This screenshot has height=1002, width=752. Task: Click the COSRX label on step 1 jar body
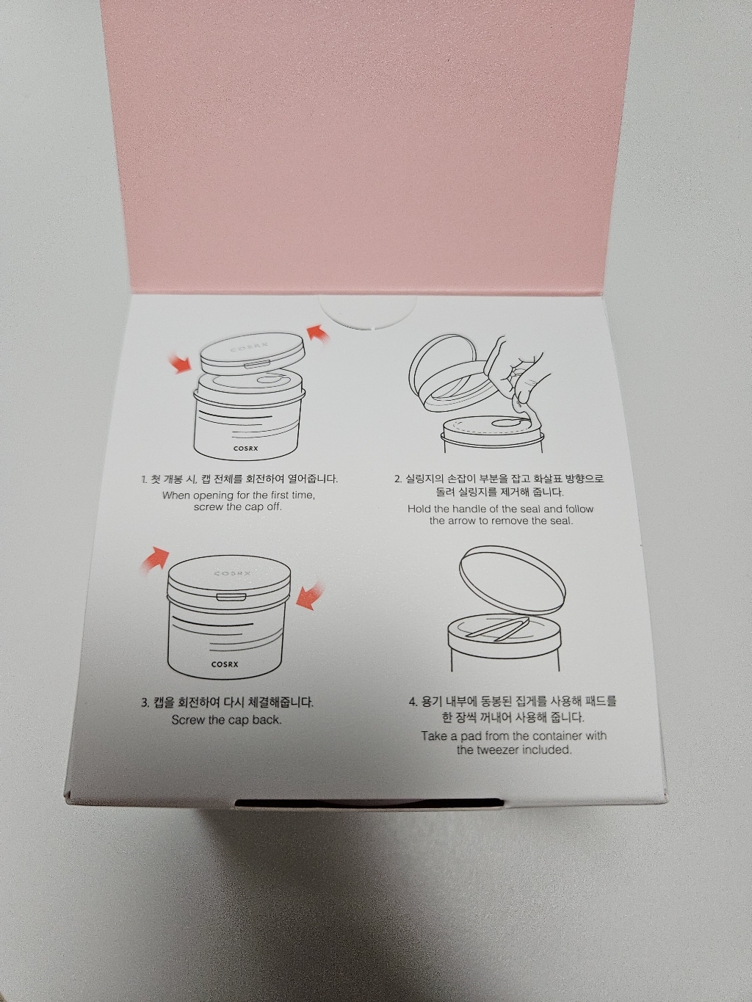pos(245,447)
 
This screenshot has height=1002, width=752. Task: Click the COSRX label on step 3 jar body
pos(225,664)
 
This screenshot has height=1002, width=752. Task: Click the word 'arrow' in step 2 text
pos(466,521)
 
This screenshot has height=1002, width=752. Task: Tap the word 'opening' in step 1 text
pos(217,495)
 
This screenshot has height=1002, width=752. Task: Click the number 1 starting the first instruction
pos(144,479)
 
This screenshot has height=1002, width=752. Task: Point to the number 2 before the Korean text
pos(397,479)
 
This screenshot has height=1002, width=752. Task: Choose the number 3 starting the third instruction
pos(145,703)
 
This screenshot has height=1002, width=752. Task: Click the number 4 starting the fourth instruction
pos(413,702)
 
